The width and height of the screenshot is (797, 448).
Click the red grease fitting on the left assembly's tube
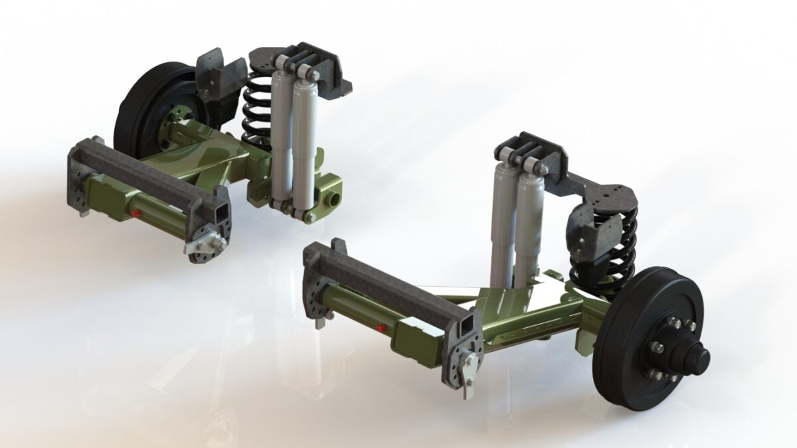[x=135, y=214]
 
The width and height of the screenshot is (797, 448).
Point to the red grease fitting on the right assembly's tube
[x=380, y=327]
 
